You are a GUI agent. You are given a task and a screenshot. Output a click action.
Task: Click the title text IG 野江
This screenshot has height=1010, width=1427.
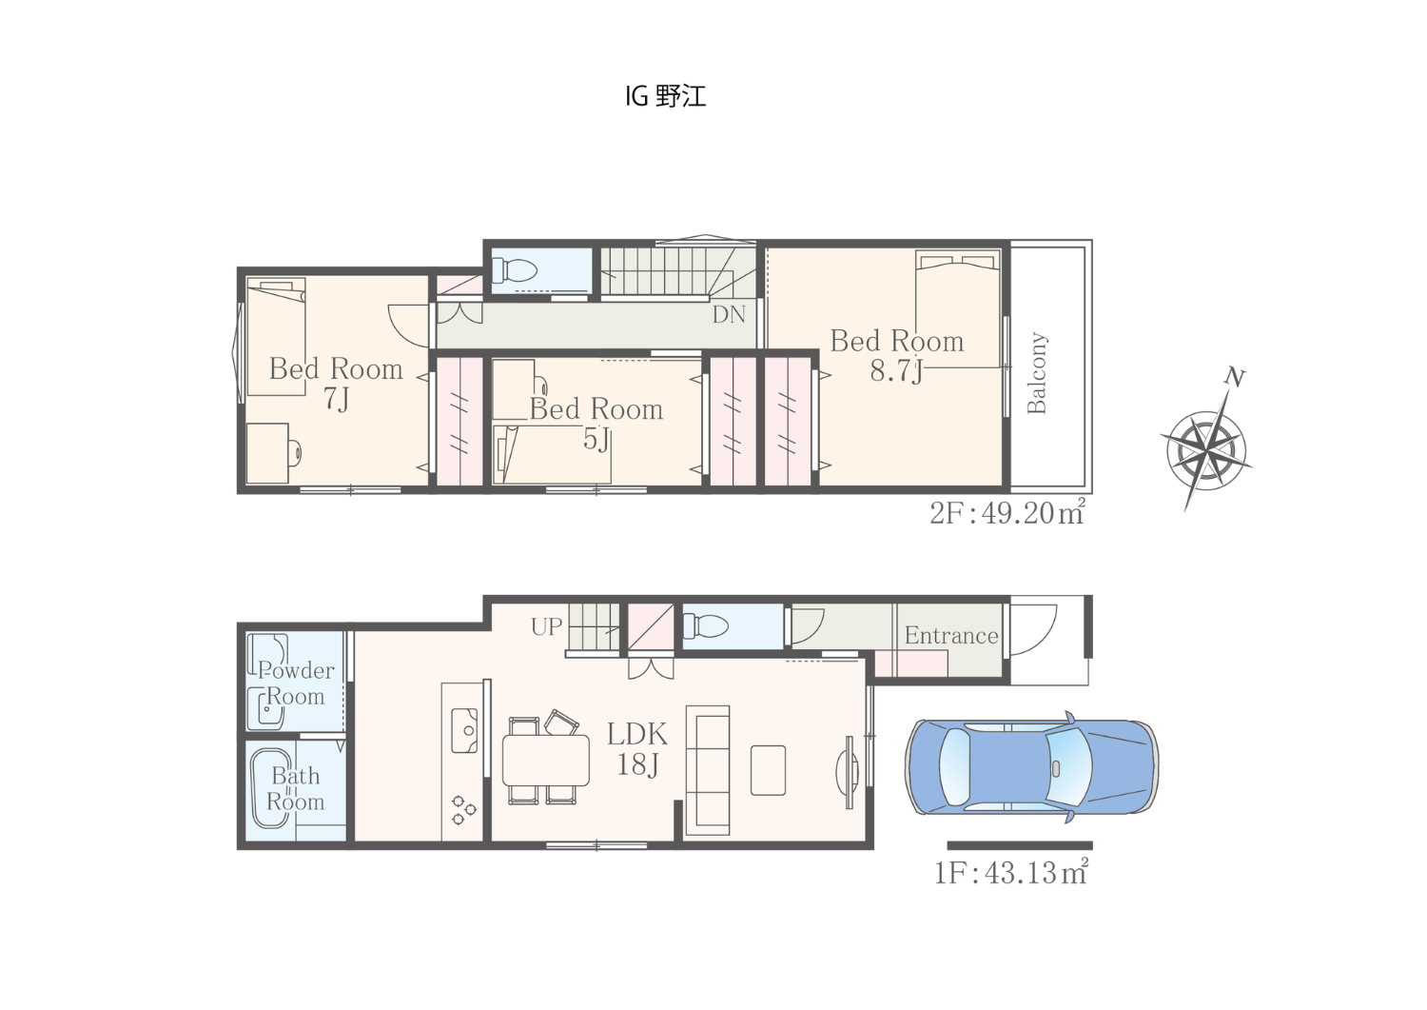665,96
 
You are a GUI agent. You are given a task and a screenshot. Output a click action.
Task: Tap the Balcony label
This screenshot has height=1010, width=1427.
1037,372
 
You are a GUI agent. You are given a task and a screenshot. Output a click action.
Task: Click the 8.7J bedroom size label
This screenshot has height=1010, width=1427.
896,371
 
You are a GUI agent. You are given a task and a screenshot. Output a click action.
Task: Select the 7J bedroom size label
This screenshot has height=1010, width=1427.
337,399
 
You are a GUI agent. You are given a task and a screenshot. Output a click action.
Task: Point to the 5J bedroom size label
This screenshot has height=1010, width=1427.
596,440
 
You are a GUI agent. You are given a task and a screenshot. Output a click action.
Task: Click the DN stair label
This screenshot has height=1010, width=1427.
729,314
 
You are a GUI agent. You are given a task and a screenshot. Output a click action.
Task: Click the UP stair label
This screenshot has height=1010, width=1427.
547,626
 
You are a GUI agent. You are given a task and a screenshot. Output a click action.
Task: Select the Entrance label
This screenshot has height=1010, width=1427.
951,635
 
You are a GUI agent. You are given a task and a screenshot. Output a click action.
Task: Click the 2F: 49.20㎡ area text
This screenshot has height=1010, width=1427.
1007,513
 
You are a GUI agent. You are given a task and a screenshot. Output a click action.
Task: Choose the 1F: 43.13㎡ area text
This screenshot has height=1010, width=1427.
1011,872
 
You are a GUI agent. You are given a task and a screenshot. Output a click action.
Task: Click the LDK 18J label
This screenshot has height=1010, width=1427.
637,749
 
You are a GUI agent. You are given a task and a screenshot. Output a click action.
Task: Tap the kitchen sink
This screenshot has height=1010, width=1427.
464,731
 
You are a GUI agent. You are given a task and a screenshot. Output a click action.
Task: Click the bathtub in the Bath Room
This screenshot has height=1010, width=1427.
272,789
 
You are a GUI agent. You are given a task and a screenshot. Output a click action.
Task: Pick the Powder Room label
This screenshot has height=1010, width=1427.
296,683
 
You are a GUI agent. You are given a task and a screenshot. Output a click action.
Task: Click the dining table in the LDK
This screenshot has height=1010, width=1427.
546,760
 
